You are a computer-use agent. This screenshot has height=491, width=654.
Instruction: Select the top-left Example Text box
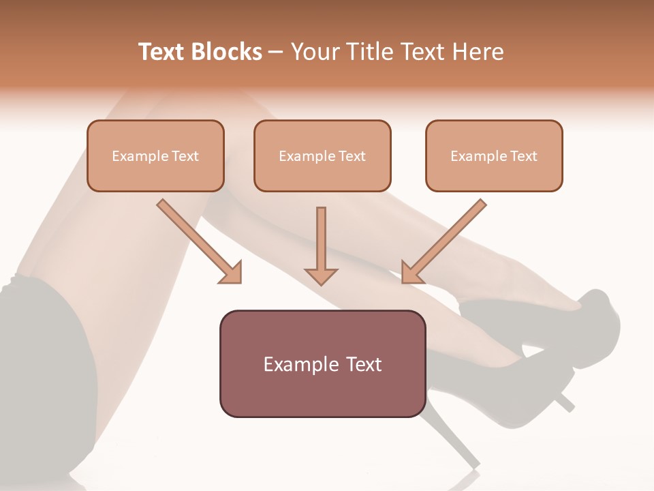pyautogui.click(x=155, y=155)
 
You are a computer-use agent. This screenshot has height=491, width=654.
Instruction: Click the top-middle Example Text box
pyautogui.click(x=322, y=155)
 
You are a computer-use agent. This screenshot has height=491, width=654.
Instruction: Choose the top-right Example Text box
pyautogui.click(x=494, y=155)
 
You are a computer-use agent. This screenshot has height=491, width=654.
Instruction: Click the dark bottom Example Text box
pyautogui.click(x=322, y=364)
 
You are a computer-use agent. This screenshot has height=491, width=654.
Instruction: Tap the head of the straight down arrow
pyautogui.click(x=321, y=276)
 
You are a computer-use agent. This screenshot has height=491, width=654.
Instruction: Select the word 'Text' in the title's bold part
pyautogui.click(x=161, y=52)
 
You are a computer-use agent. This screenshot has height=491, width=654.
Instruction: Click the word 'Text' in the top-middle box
pyautogui.click(x=352, y=155)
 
